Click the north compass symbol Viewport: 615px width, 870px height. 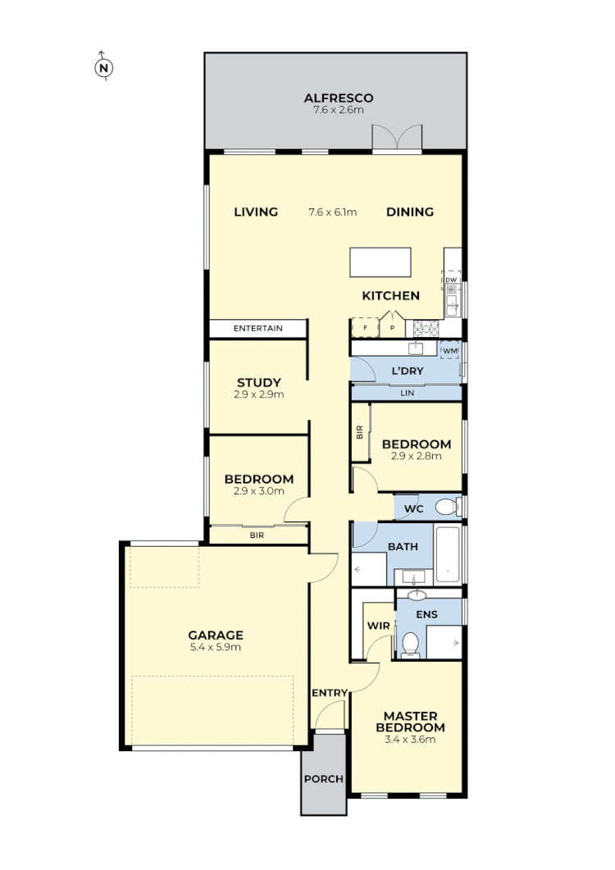pyautogui.click(x=103, y=68)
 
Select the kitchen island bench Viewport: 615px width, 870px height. pyautogui.click(x=380, y=263)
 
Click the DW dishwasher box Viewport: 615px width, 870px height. pyautogui.click(x=451, y=280)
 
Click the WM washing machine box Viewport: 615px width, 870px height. pyautogui.click(x=449, y=351)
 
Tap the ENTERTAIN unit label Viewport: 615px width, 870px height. pyautogui.click(x=257, y=329)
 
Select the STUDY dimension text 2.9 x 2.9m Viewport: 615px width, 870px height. pyautogui.click(x=259, y=394)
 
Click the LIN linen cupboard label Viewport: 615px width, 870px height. pyautogui.click(x=407, y=394)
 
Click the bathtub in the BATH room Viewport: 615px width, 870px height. pyautogui.click(x=448, y=554)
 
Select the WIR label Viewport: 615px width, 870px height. pyautogui.click(x=377, y=626)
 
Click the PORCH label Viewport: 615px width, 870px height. pyautogui.click(x=323, y=779)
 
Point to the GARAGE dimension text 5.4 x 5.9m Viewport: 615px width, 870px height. pyautogui.click(x=216, y=647)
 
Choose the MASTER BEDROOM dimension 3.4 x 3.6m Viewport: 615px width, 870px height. pyautogui.click(x=410, y=739)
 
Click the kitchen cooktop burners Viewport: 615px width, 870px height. pyautogui.click(x=426, y=328)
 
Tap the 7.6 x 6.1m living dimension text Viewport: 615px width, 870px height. pyautogui.click(x=332, y=212)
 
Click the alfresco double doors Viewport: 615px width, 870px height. pyautogui.click(x=396, y=139)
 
